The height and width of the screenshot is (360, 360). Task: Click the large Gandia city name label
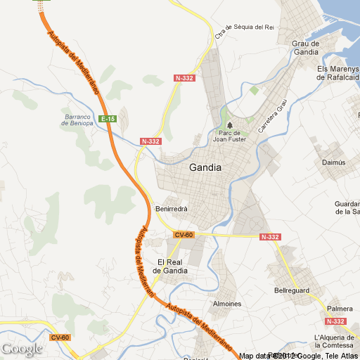pyautogui.click(x=205, y=168)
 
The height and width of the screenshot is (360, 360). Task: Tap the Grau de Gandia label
pyautogui.click(x=305, y=48)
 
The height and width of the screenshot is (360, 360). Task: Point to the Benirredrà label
pyautogui.click(x=172, y=209)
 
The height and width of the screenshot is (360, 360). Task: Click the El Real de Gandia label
pyautogui.click(x=173, y=266)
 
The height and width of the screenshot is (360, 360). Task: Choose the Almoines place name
pyautogui.click(x=226, y=304)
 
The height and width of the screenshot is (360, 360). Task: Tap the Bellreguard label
pyautogui.click(x=292, y=290)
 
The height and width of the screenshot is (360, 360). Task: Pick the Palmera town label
pyautogui.click(x=340, y=309)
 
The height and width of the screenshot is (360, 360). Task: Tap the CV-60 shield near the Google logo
pyautogui.click(x=60, y=337)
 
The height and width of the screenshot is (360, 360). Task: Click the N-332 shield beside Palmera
pyautogui.click(x=337, y=321)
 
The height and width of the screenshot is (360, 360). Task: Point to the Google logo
pyautogui.click(x=22, y=349)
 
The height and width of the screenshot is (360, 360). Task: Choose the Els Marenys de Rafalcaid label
pyautogui.click(x=338, y=73)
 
